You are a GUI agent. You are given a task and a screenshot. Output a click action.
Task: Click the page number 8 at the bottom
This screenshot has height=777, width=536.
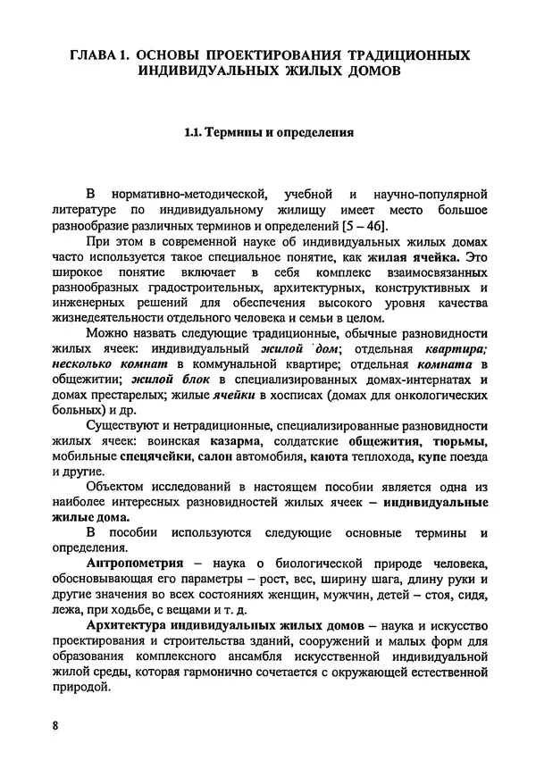pyautogui.click(x=54, y=724)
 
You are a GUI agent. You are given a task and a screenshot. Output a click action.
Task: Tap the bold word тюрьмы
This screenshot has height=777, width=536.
pyautogui.click(x=458, y=439)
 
